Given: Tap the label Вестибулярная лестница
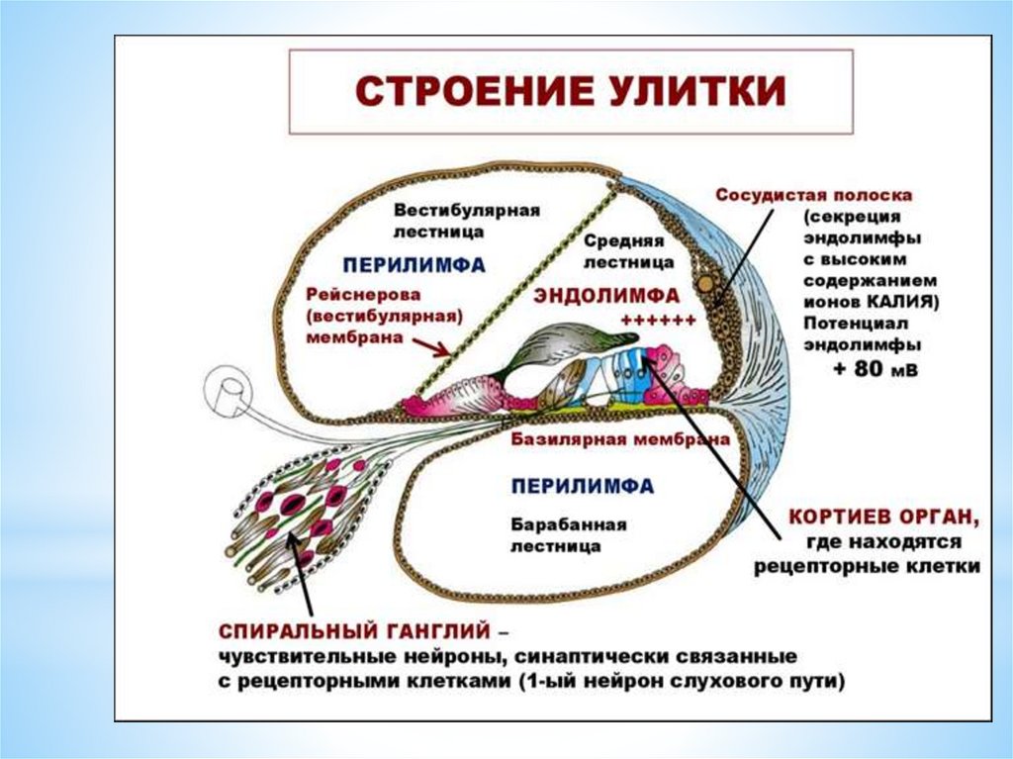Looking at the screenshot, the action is point(466,222).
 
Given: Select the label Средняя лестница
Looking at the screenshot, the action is point(628,251).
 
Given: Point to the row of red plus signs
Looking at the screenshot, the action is point(658,320).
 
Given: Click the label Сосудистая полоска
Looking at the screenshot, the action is point(813,195).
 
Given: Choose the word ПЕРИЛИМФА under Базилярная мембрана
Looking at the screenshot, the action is point(583,486).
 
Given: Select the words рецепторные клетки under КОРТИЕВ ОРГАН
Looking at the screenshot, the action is point(867,567).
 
